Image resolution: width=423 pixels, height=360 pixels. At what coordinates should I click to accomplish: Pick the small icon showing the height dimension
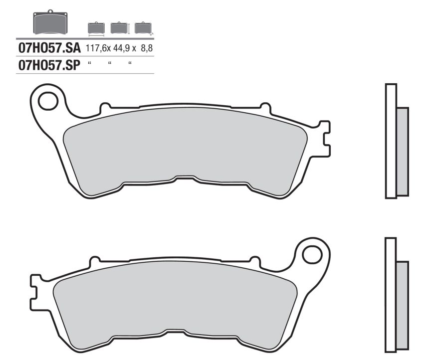point(118,28)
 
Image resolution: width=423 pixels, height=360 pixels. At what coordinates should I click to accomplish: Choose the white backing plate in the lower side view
point(391,294)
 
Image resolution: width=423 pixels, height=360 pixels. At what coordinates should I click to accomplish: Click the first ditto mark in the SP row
point(89,63)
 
